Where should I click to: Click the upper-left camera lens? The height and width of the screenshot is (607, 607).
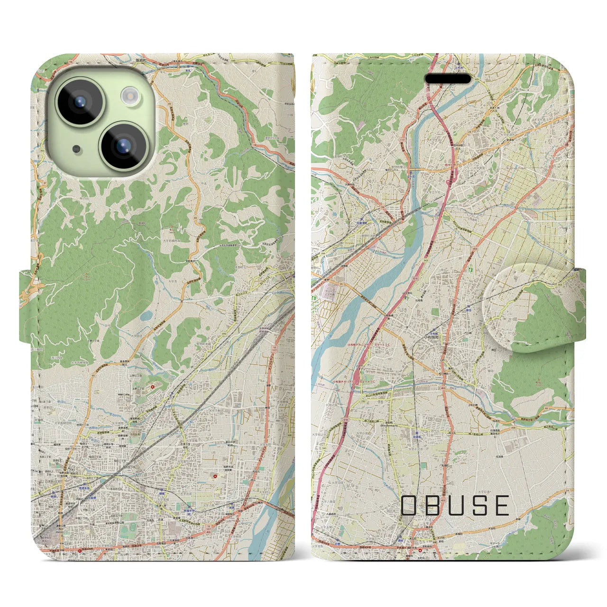tap(80, 101)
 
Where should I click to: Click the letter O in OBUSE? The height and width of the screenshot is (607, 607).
tap(411, 506)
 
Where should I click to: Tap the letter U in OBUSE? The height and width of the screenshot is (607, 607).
tap(456, 506)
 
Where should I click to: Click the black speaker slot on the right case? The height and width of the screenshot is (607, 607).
tap(447, 79)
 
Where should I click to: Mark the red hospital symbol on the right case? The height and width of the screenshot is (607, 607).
tap(419, 551)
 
